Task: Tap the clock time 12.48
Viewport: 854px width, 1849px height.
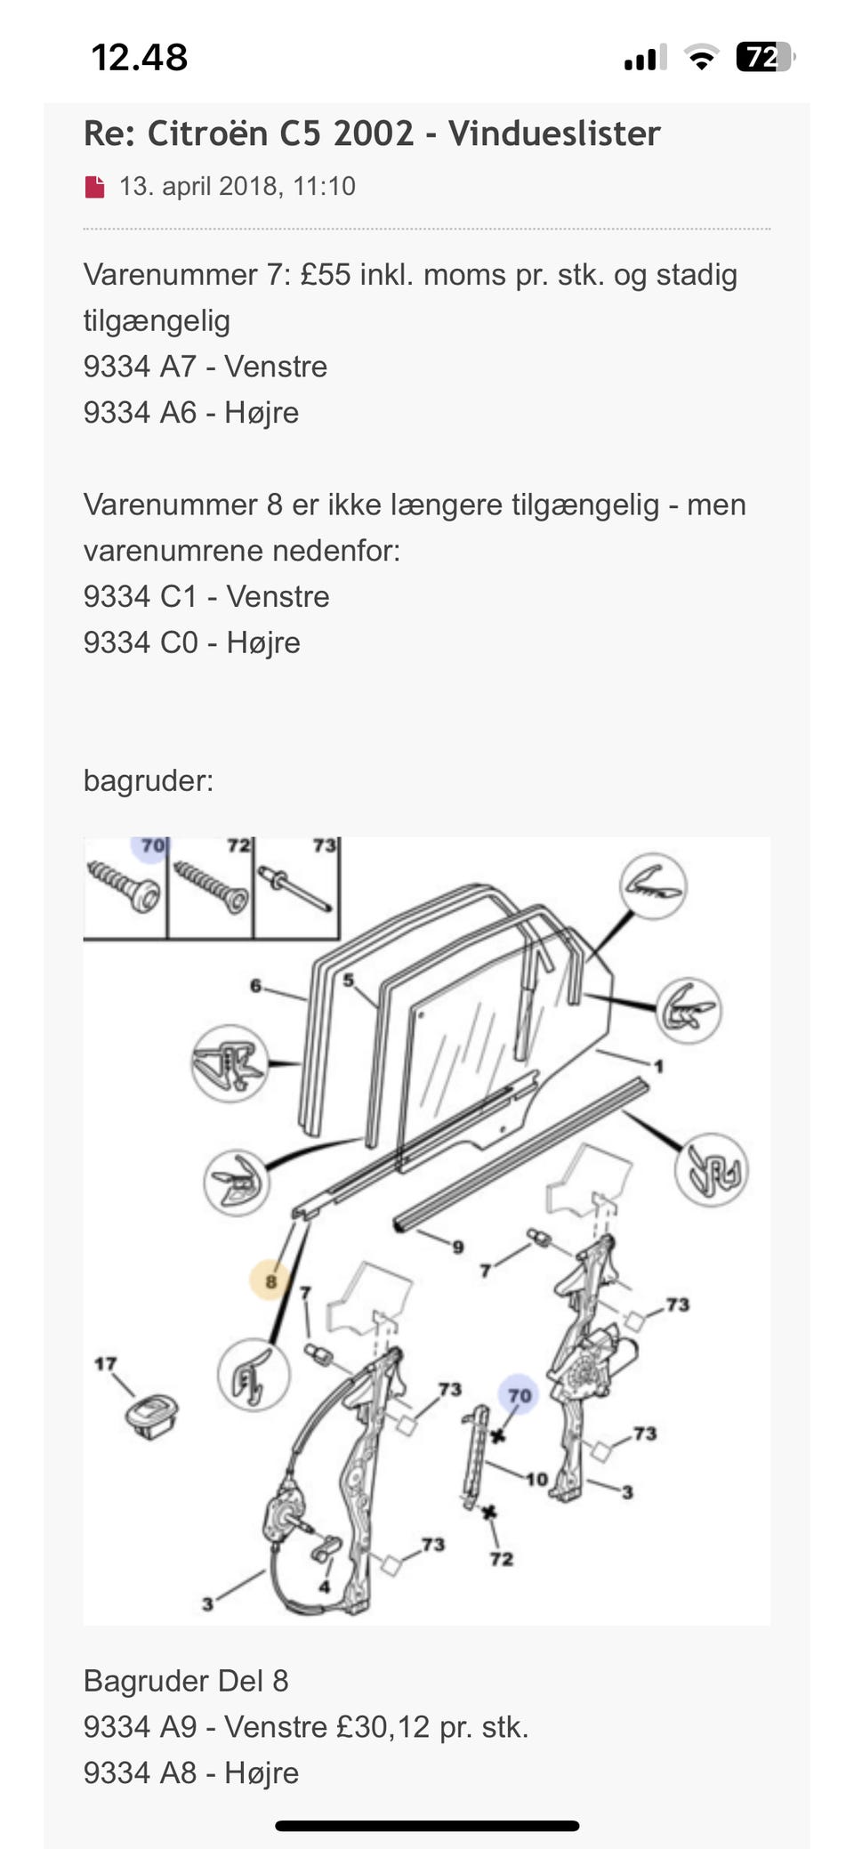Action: [140, 58]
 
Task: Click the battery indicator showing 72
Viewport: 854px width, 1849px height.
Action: [763, 58]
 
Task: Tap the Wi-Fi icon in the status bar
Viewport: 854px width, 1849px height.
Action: [702, 58]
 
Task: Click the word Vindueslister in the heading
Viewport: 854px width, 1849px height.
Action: [553, 133]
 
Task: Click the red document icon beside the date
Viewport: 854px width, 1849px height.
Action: [94, 187]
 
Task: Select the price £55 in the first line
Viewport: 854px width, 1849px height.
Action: [326, 274]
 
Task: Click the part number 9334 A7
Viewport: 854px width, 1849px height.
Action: [140, 367]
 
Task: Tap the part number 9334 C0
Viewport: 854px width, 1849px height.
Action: [141, 642]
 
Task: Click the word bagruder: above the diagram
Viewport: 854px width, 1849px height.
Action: [148, 780]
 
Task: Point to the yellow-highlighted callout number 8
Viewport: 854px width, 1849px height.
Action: [270, 1281]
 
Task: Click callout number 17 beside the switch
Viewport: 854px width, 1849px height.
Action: [105, 1363]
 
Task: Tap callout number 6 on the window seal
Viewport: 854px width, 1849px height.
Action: [256, 985]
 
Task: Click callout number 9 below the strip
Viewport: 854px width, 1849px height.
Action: [458, 1247]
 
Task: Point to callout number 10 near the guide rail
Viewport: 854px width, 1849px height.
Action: [536, 1479]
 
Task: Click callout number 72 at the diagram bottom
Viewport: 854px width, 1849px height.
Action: [502, 1558]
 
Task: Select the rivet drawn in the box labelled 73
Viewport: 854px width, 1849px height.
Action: [297, 890]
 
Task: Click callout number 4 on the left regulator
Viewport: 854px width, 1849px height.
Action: [325, 1587]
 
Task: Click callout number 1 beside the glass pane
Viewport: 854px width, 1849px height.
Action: [658, 1065]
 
